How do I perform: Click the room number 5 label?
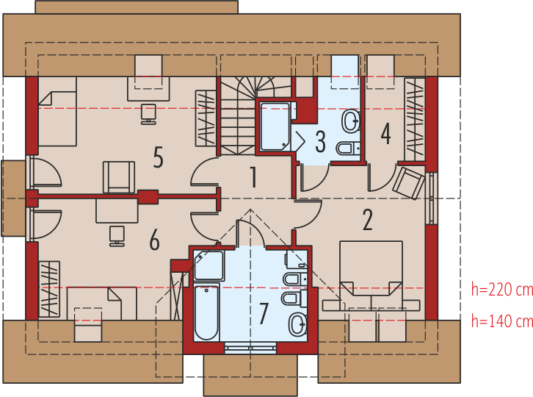[x=158, y=157]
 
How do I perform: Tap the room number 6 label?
[x=154, y=240]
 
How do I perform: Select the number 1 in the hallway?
[x=253, y=177]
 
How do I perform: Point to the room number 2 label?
[x=368, y=220]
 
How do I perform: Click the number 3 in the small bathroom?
[x=320, y=141]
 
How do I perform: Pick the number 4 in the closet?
[x=385, y=134]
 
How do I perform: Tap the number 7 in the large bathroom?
[x=264, y=313]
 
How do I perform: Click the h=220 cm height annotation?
[x=501, y=290]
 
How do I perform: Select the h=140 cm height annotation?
[x=501, y=321]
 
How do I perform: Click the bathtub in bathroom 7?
[x=206, y=312]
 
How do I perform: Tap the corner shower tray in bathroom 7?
[x=209, y=265]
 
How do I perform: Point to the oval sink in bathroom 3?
[x=350, y=121]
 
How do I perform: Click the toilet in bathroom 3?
[x=348, y=149]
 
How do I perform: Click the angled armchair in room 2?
[x=409, y=183]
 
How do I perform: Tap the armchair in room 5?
[x=119, y=177]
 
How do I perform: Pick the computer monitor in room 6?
[x=117, y=236]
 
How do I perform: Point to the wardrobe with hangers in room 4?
[x=415, y=119]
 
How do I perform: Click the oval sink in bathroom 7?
[x=297, y=324]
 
